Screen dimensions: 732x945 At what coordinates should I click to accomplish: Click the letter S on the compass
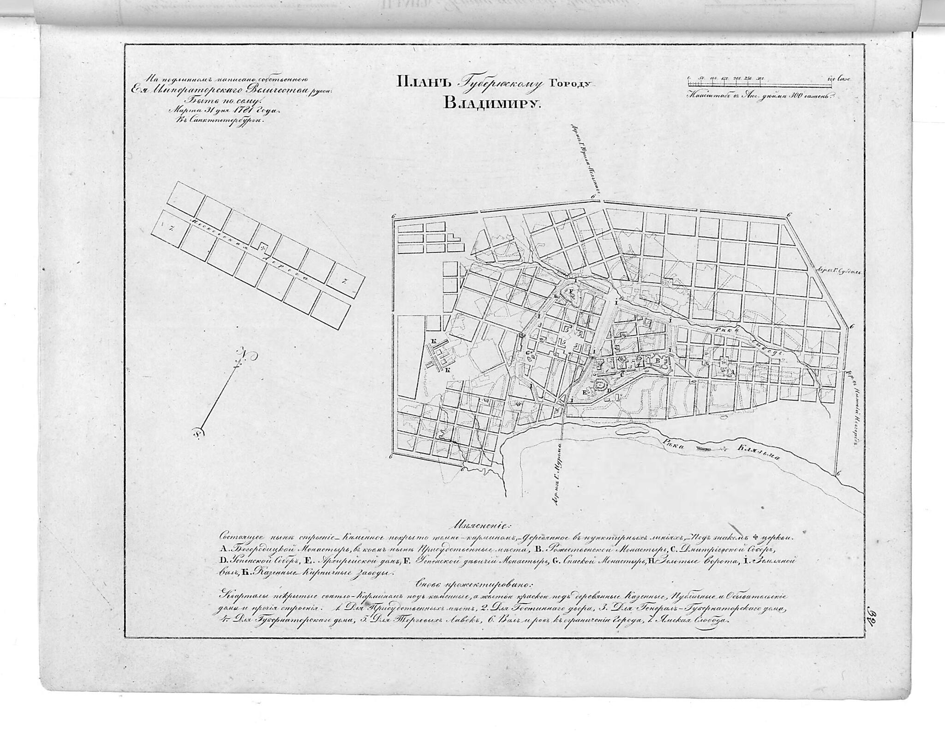tap(197, 433)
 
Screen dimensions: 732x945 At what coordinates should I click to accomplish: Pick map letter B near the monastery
tap(657, 359)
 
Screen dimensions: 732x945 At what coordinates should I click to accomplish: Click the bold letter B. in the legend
tap(537, 550)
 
